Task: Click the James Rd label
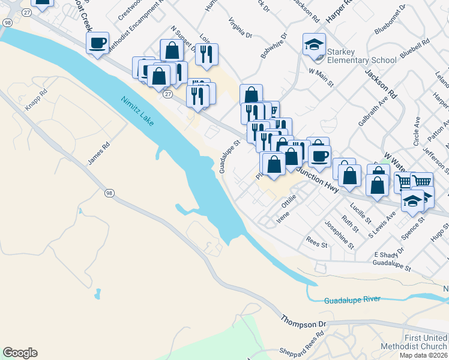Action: tap(99, 154)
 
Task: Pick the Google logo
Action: tap(20, 353)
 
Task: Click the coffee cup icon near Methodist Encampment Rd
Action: tap(97, 43)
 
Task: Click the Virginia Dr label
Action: tap(240, 28)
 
